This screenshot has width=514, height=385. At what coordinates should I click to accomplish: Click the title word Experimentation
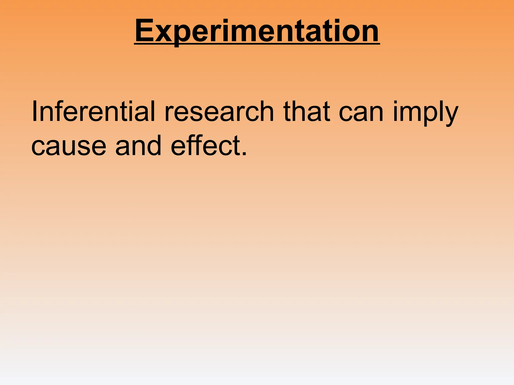[257, 31]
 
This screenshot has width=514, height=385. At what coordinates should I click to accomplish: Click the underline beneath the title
[257, 44]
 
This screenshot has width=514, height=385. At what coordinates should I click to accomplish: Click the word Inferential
[93, 112]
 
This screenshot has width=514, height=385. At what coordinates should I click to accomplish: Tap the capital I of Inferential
[34, 112]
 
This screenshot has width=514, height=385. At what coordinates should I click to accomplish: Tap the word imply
[426, 114]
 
